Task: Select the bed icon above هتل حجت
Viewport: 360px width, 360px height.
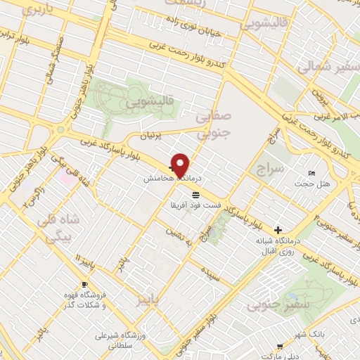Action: [311, 174]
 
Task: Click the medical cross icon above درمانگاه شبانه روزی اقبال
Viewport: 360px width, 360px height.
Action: [279, 230]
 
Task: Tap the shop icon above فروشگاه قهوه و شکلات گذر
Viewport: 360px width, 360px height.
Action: [85, 285]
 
